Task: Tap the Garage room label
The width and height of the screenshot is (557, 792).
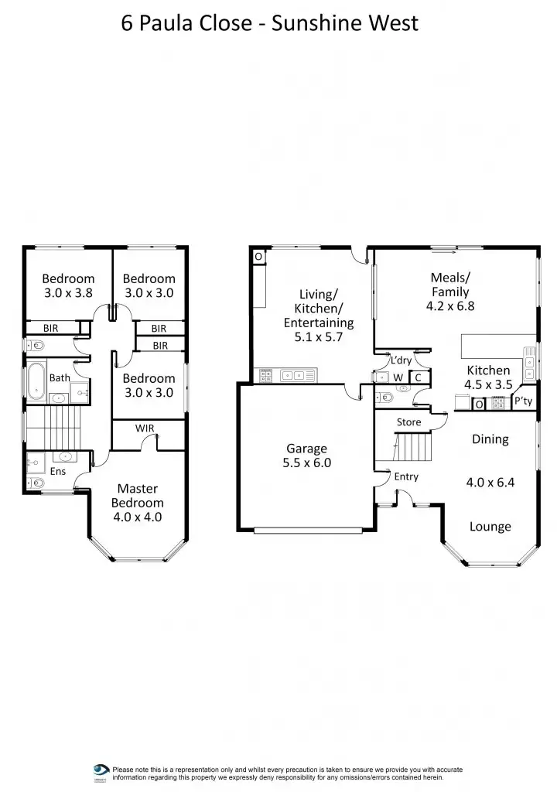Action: point(307,449)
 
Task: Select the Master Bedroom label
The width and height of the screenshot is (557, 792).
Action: point(138,496)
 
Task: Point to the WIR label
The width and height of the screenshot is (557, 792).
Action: point(145,428)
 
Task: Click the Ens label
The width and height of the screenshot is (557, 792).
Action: point(58,471)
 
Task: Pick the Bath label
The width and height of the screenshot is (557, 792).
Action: point(60,378)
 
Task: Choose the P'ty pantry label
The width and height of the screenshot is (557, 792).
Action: point(523,401)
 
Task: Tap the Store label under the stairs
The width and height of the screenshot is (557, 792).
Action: point(408,422)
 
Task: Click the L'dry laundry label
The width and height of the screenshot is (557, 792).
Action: point(401,360)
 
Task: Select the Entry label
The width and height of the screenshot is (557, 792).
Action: point(406,476)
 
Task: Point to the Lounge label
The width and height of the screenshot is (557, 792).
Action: point(490,527)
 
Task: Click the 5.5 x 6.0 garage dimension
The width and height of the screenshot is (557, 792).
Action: point(307,464)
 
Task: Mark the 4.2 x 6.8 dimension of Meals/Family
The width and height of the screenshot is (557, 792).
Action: point(449,306)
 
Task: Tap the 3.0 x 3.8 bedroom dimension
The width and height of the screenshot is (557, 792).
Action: point(68,293)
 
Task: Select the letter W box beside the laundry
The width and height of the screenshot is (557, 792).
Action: point(399,377)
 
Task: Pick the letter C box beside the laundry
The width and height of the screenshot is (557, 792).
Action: point(417,377)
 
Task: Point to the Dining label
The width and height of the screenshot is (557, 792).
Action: point(490,439)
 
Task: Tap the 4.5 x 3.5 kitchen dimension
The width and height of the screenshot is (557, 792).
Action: point(488,384)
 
